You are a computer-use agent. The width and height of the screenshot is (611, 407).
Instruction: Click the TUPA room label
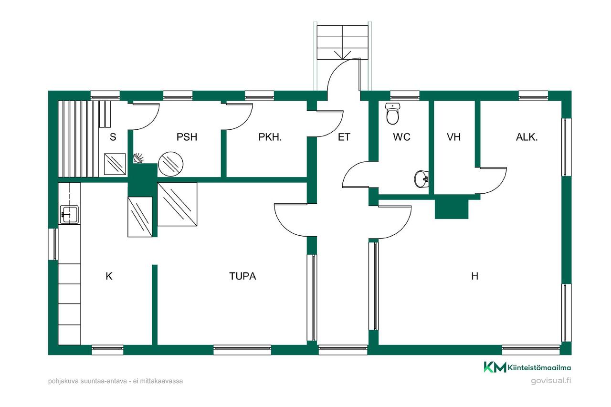tap(242, 276)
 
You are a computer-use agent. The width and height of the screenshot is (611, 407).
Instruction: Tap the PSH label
tap(187, 137)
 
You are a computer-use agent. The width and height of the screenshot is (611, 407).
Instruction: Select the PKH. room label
tap(270, 137)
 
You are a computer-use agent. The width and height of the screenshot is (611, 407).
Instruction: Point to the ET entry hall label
tap(344, 137)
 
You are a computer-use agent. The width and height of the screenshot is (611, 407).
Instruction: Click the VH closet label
tap(453, 137)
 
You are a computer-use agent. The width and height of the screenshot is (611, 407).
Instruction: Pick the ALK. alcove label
tap(527, 137)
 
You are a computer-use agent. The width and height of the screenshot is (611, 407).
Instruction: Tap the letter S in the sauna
tap(113, 137)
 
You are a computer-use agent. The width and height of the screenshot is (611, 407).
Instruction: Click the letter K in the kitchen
tap(109, 276)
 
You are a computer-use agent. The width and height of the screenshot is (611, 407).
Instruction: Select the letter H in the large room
tap(474, 276)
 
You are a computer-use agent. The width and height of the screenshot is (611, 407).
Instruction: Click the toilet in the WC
tap(392, 114)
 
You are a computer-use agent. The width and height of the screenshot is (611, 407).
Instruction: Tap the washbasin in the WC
tap(421, 179)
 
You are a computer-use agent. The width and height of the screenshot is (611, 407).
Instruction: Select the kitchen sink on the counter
tap(69, 215)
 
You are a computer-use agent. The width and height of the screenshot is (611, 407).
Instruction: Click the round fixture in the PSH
tap(171, 164)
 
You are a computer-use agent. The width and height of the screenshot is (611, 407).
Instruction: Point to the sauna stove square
tap(115, 164)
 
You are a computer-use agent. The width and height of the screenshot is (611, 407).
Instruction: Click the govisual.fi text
tap(551, 381)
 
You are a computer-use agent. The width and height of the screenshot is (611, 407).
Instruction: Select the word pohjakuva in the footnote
tap(63, 381)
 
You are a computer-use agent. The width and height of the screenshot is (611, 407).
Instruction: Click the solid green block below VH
tap(452, 209)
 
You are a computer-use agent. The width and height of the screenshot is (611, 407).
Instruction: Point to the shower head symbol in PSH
tap(138, 158)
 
